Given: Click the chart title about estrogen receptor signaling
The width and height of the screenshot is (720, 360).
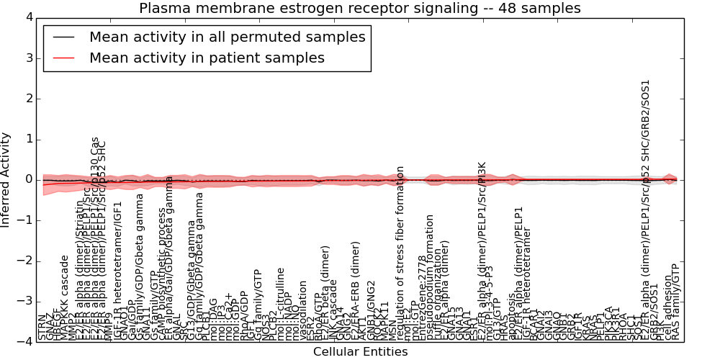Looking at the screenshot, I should (x=359, y=9).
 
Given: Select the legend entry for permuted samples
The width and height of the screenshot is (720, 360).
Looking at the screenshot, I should (x=227, y=37).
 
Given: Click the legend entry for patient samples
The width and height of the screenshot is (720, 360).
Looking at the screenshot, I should (x=207, y=58).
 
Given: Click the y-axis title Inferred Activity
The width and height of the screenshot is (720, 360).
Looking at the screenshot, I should (x=6, y=179).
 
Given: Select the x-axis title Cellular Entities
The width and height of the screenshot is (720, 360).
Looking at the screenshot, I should (x=360, y=352).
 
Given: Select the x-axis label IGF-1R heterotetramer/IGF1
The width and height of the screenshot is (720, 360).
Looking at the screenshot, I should (x=118, y=271).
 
